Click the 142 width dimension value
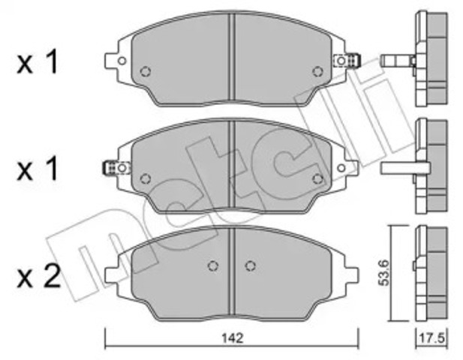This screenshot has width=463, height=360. [233, 338]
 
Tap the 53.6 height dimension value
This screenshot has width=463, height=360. [384, 272]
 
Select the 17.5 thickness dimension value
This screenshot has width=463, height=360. [432, 338]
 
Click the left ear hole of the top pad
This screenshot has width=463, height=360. [122, 61]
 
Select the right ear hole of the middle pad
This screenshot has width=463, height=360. [341, 168]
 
